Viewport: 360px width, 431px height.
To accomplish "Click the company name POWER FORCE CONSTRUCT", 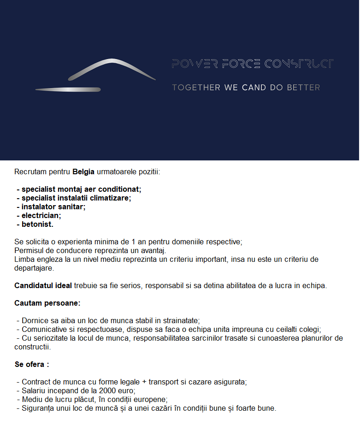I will (252, 64).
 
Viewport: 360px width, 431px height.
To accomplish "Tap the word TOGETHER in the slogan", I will (196, 87).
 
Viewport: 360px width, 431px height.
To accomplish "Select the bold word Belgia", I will (83, 172).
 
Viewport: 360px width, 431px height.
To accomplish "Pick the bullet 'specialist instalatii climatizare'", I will (76, 198).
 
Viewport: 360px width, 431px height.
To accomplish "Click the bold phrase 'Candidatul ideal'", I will (43, 285).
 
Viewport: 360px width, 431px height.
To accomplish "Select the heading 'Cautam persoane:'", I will (47, 303).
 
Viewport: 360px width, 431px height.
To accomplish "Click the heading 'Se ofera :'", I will (32, 364).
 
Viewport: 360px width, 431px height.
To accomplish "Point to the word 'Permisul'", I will (29, 250).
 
